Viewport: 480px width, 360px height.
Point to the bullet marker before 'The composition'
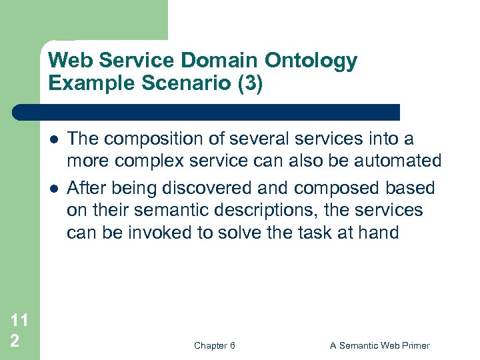[52, 140]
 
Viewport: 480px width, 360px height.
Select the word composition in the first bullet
[147, 139]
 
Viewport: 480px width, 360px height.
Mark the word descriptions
[257, 211]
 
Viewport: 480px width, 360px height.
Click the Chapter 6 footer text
[214, 345]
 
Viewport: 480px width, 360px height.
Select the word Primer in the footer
[413, 345]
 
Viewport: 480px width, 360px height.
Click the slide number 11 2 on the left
[19, 330]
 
